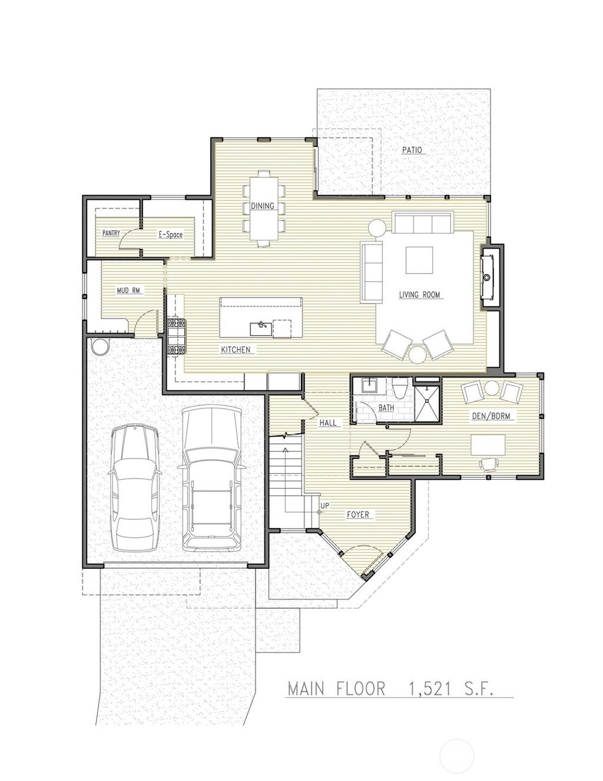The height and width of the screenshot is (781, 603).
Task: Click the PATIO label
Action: (412, 150)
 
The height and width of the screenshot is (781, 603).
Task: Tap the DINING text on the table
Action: (263, 206)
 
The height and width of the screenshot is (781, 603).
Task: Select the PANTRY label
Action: (111, 233)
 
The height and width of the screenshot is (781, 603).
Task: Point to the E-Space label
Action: (170, 235)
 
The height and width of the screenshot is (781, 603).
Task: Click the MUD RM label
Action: (128, 291)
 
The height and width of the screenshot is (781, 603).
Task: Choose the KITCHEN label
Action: (236, 350)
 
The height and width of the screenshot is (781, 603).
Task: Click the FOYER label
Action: (357, 515)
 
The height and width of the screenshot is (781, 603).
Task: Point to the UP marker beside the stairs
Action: (324, 506)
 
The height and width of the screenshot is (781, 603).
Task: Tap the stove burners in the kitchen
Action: (175, 337)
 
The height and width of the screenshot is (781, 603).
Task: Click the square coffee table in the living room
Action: (419, 259)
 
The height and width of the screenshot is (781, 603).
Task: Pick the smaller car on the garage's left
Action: (135, 487)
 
